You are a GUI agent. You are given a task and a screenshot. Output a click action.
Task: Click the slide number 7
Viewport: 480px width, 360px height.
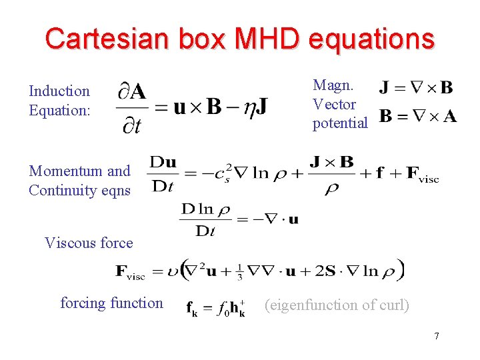436,336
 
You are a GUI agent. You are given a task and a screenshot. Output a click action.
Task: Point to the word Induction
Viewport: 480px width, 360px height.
59,91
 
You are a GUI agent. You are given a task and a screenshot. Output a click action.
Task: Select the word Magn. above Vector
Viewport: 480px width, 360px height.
333,85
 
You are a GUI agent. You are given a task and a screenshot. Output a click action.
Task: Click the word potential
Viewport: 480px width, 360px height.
340,123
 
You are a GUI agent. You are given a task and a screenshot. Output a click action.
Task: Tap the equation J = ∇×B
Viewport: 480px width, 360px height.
416,87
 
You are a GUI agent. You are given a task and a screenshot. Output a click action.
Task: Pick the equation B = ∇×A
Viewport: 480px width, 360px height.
418,117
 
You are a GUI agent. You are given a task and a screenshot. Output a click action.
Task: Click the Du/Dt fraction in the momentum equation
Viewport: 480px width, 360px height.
163,173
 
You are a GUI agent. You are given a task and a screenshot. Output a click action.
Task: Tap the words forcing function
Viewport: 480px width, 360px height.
111,303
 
